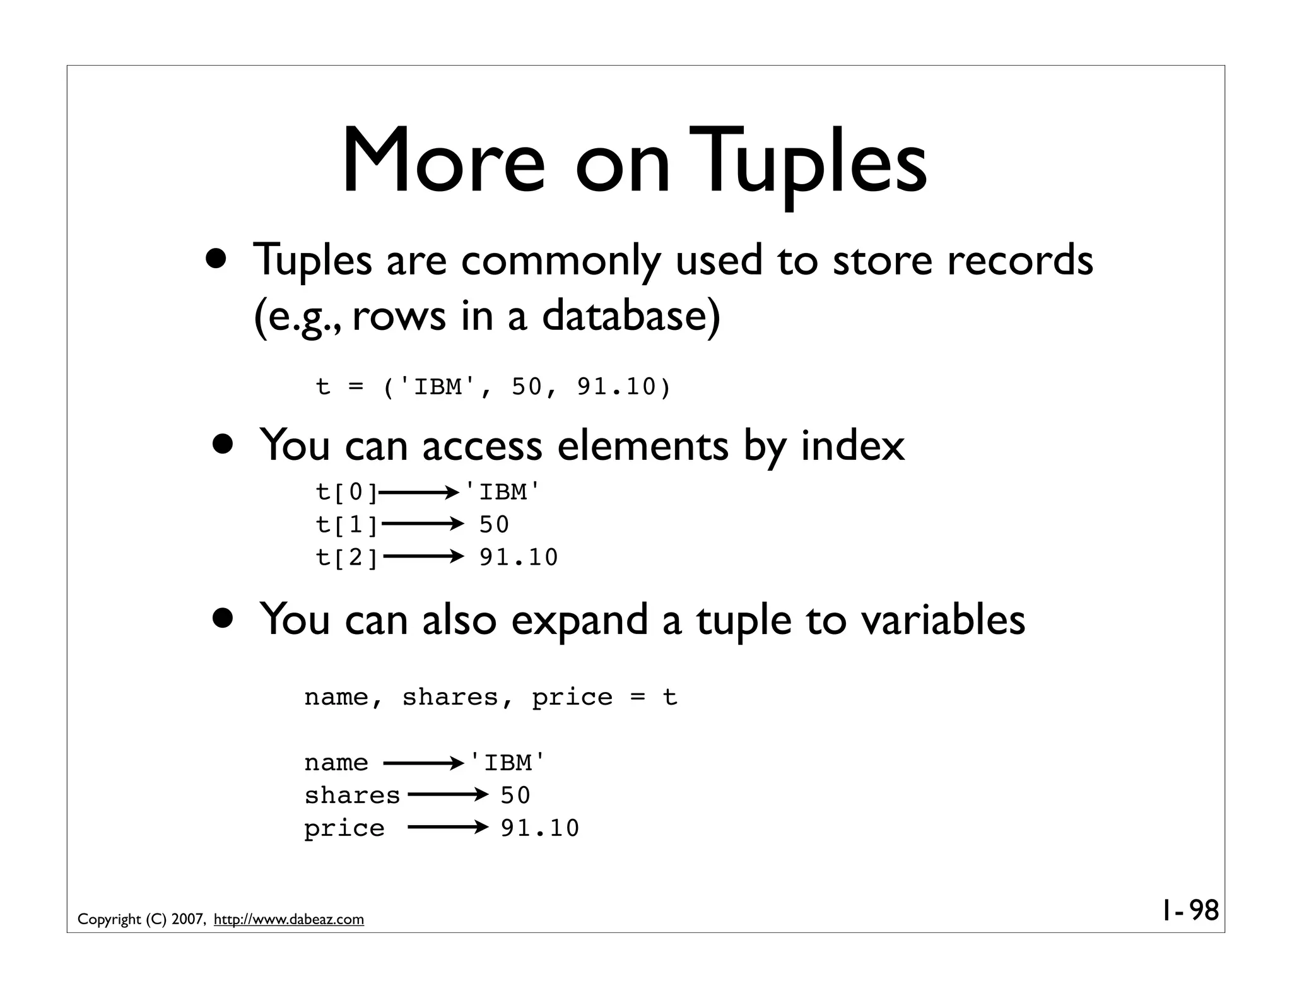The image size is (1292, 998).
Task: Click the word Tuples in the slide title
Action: (809, 161)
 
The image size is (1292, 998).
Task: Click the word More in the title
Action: (443, 161)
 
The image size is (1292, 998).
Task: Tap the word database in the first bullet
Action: (630, 315)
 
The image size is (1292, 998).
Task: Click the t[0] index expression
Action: (346, 492)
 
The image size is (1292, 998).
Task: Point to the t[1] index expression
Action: (346, 525)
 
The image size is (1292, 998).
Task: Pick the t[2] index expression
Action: (346, 558)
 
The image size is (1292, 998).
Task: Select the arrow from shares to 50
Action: (447, 795)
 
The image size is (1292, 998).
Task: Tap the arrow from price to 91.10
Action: (447, 828)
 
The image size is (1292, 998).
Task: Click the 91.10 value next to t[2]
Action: (519, 558)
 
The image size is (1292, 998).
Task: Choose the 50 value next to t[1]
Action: (494, 525)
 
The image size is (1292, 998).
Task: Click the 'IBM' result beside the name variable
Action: (507, 763)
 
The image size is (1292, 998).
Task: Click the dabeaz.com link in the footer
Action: (289, 920)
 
